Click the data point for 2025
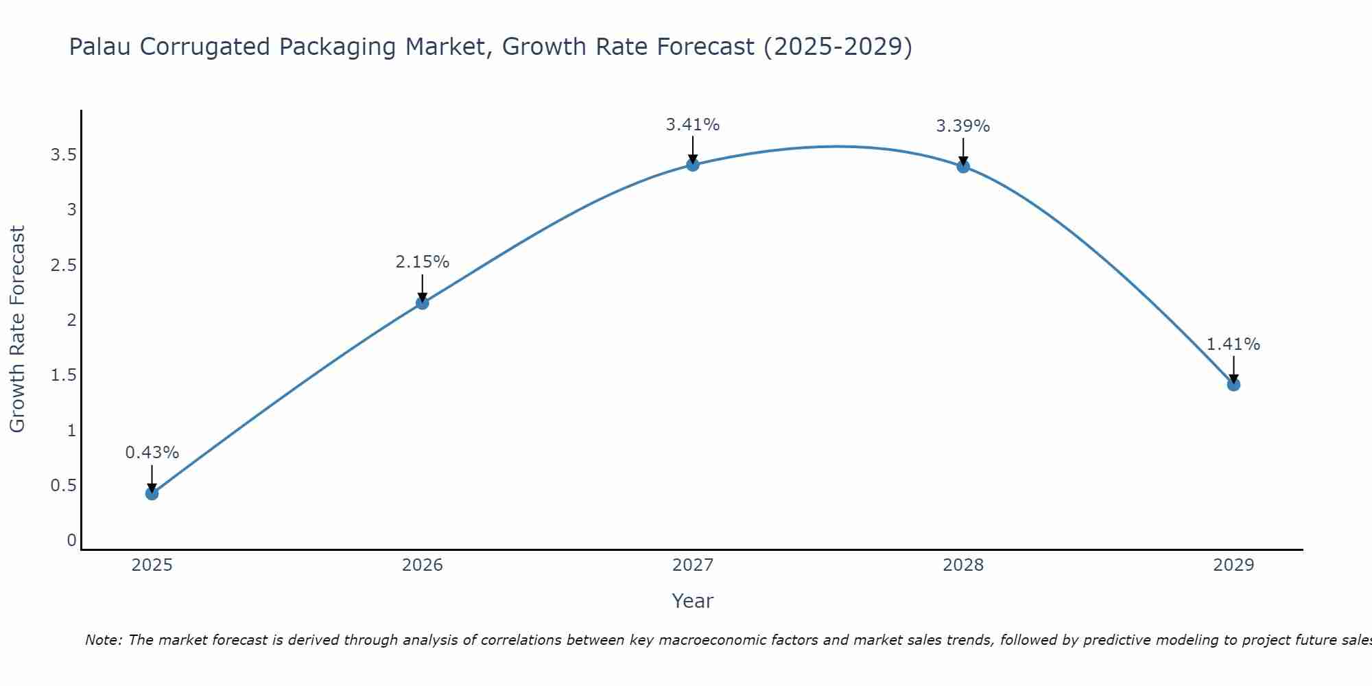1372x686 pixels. click(152, 493)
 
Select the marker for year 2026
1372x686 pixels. click(423, 303)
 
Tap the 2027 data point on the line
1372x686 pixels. click(693, 165)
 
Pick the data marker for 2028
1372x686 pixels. click(963, 166)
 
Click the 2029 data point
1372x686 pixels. click(1233, 384)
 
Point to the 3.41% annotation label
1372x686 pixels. click(693, 125)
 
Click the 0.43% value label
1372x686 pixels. click(152, 453)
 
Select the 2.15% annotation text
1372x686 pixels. click(423, 262)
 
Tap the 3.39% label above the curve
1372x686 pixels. click(963, 126)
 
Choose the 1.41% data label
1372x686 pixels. click(1233, 344)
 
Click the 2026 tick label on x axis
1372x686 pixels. click(423, 565)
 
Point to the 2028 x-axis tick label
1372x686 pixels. click(963, 565)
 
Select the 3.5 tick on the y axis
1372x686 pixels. click(63, 155)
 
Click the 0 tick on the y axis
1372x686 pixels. click(71, 541)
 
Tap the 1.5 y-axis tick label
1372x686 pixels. click(63, 375)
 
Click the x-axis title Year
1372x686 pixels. click(693, 601)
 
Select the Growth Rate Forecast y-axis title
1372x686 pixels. click(18, 329)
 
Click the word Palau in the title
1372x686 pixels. click(101, 47)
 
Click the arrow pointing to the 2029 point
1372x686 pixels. click(1233, 368)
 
